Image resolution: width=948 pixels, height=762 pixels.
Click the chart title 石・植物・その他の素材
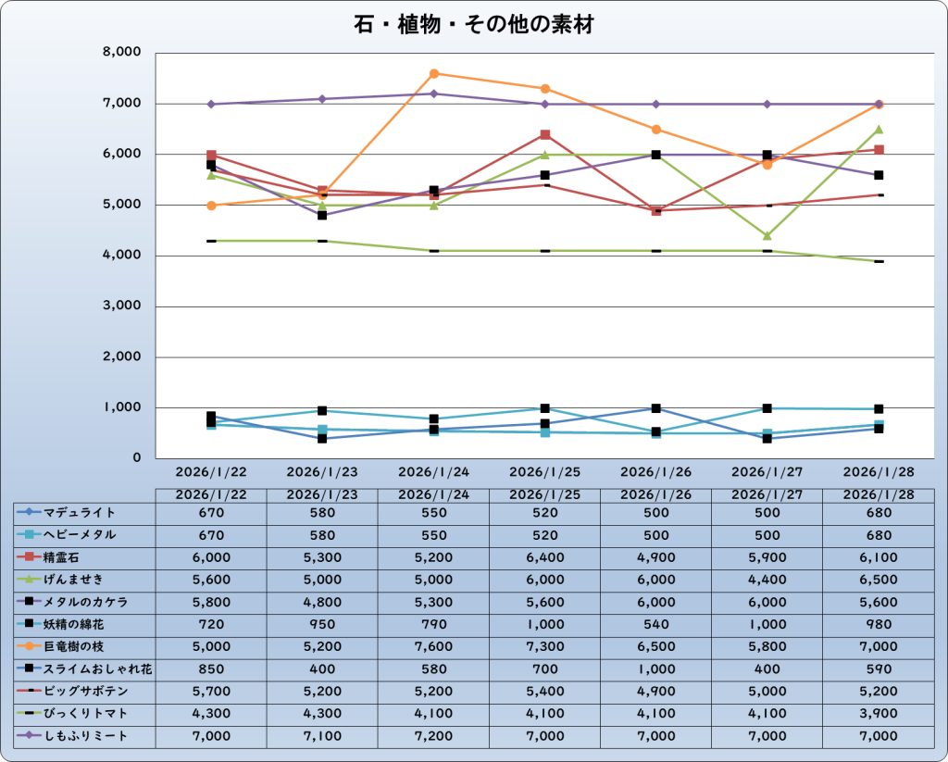point(473,24)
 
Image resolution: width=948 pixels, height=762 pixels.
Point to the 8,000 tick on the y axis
point(121,53)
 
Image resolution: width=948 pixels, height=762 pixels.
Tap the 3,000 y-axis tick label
point(121,306)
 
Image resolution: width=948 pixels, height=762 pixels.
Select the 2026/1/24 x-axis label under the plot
point(433,471)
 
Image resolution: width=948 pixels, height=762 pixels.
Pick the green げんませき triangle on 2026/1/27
point(767,235)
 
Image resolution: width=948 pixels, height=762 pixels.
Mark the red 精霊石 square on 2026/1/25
point(545,135)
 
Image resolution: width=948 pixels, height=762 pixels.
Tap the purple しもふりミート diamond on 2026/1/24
point(433,94)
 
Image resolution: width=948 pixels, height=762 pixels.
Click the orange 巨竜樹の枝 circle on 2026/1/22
point(211,206)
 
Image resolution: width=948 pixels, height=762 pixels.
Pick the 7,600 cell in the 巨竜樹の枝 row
point(433,646)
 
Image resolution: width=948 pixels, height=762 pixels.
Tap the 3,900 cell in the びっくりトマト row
point(878,714)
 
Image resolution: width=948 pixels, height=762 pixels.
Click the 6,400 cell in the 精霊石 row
point(544,557)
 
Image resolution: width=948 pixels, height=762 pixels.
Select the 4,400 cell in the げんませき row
point(767,580)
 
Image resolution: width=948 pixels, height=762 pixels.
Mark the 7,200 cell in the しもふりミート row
point(433,736)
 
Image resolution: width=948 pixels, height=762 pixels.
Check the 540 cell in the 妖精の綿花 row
point(655,624)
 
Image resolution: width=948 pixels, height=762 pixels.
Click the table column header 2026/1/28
point(878,494)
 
